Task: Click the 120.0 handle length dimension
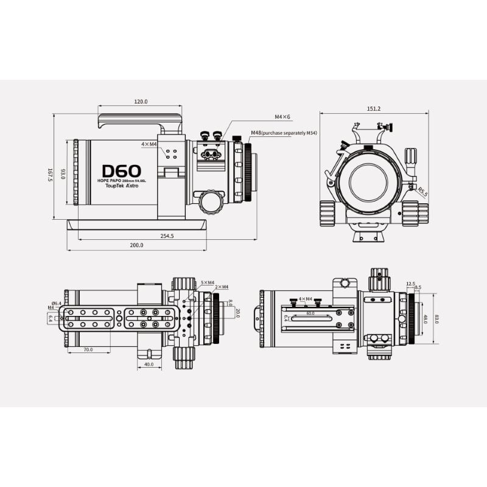141,102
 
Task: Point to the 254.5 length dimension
167,236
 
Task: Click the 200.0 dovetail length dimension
136,245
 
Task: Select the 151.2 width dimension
374,108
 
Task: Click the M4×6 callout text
282,116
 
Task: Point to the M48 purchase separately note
284,133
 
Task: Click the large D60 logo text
121,171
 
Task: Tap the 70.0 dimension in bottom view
88,349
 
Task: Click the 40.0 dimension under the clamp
149,365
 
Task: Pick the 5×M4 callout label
207,282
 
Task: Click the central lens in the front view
366,181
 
